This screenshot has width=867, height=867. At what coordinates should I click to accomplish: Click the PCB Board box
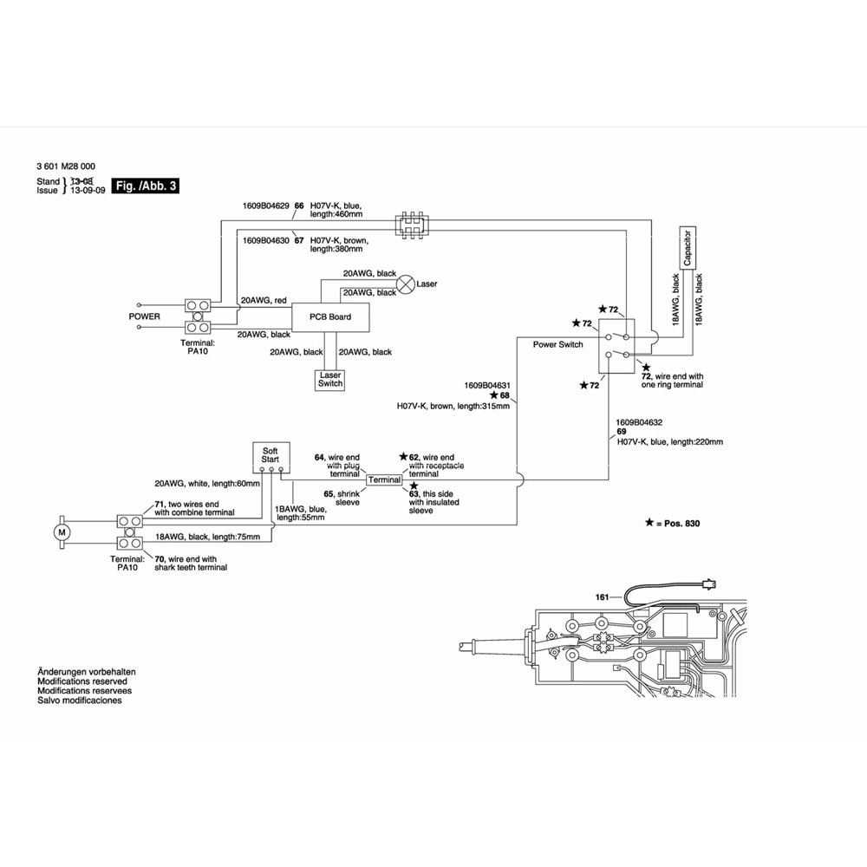(x=329, y=316)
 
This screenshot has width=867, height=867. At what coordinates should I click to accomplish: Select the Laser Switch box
(x=330, y=379)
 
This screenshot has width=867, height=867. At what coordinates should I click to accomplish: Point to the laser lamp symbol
(x=406, y=284)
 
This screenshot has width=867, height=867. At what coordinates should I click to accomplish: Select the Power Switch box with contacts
(x=618, y=346)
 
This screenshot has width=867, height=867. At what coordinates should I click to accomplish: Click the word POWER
(x=144, y=316)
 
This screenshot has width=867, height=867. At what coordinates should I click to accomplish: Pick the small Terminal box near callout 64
(x=384, y=479)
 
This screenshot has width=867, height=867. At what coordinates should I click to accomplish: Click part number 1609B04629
(x=266, y=206)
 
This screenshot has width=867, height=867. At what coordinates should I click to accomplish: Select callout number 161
(x=602, y=596)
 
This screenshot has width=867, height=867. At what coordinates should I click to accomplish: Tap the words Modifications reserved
(x=81, y=681)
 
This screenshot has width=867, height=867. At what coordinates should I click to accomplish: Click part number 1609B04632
(x=639, y=422)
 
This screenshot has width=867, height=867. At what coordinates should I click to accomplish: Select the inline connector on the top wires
(x=413, y=225)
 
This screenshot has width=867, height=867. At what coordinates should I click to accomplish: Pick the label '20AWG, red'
(x=264, y=300)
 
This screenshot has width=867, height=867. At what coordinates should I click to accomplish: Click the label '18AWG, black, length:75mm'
(x=207, y=538)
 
